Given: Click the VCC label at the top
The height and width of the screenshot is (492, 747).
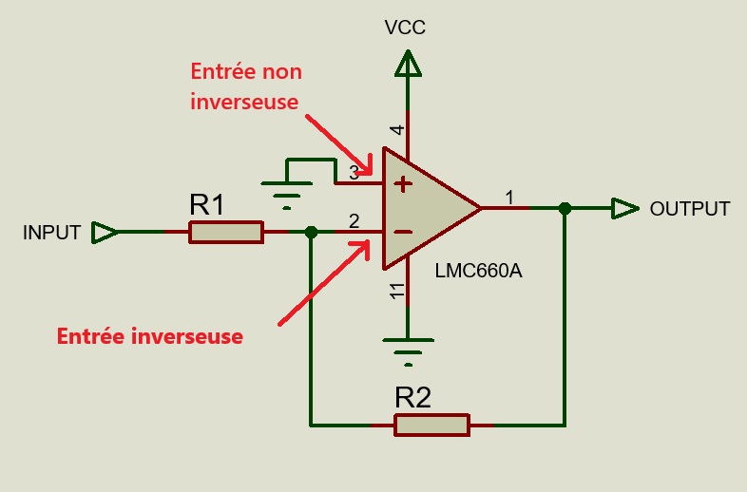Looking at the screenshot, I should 405,28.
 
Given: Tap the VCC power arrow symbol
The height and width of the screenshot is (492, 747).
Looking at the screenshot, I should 408,66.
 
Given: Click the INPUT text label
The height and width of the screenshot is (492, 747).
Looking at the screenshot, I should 51,233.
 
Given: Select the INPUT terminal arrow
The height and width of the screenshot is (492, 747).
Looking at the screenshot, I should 105,232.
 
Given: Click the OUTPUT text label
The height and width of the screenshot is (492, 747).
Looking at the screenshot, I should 690,209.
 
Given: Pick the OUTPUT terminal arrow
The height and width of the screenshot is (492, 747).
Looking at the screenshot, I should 625,208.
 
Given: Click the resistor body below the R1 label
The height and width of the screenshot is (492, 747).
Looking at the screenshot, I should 226,232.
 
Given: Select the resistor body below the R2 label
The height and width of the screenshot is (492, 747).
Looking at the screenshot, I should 431,425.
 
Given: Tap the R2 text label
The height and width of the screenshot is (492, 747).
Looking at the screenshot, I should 412,397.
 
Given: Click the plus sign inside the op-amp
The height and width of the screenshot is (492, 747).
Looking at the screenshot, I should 404,183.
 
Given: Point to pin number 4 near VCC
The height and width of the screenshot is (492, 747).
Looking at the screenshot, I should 397,130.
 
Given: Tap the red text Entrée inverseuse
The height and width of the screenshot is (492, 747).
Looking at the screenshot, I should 150,336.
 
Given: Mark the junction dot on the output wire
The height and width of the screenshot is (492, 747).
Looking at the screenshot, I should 565,208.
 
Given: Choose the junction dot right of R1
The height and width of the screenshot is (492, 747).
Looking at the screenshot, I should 310,232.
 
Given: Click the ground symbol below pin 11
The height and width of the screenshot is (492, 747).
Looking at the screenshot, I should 408,350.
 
